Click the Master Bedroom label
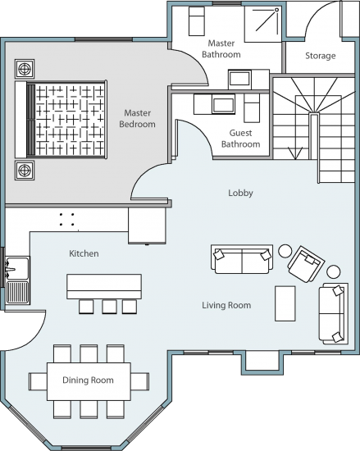(x=137, y=118)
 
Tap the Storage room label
(x=321, y=56)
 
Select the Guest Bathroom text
(x=240, y=139)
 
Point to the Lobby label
(x=240, y=193)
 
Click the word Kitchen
(x=84, y=253)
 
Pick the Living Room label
(x=226, y=305)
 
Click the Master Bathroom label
(x=221, y=48)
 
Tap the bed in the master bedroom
(x=61, y=120)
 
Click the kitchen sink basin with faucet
(x=17, y=268)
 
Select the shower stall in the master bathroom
(x=262, y=24)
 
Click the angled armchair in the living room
(x=306, y=264)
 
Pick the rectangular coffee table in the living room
(x=285, y=303)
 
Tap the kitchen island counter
(x=104, y=286)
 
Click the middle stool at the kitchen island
(x=109, y=307)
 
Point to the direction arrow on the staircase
(x=295, y=153)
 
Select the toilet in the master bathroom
(x=197, y=21)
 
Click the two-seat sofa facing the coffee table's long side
(x=334, y=313)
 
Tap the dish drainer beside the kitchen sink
(x=17, y=292)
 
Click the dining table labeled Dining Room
(x=89, y=381)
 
